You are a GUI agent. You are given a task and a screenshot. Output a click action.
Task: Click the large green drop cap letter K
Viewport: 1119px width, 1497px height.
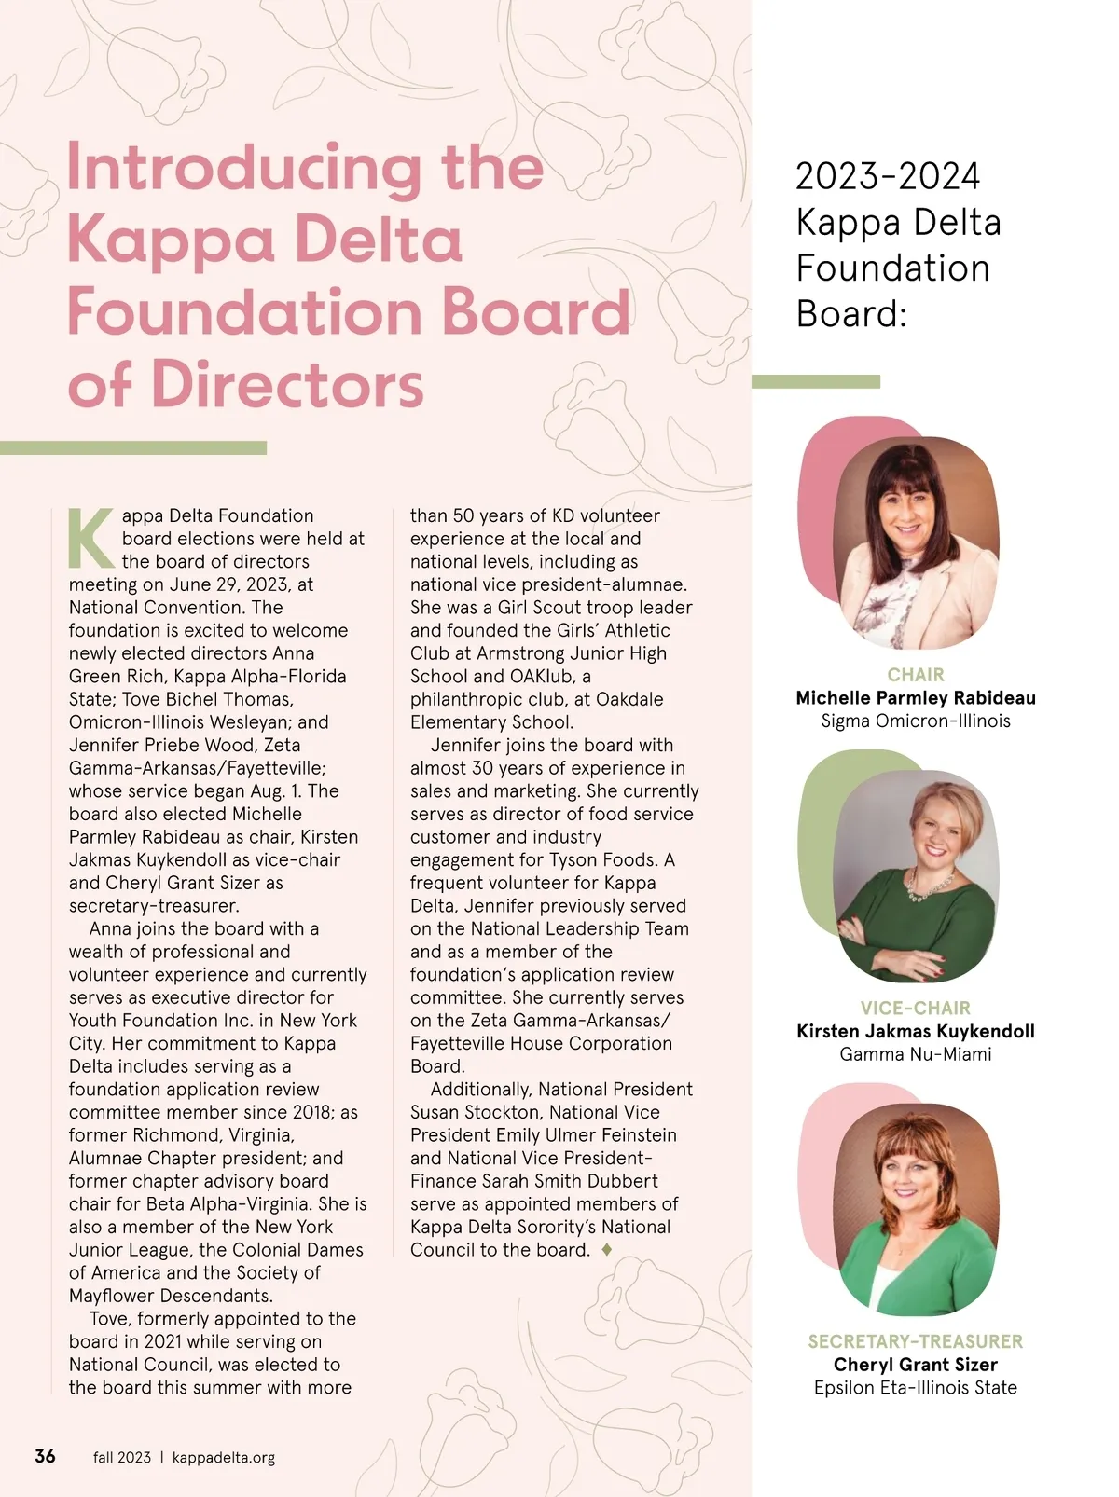point(90,539)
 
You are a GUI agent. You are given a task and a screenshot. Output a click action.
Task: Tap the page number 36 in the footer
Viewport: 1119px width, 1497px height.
point(45,1456)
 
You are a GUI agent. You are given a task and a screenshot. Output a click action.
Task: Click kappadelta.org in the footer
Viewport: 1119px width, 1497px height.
point(224,1457)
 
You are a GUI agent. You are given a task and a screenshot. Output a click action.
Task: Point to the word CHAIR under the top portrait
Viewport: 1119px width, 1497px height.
point(916,674)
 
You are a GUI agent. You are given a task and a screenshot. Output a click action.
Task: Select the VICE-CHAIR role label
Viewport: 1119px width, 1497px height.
point(916,1008)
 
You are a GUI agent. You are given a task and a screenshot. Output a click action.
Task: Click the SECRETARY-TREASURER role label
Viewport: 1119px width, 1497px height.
point(916,1341)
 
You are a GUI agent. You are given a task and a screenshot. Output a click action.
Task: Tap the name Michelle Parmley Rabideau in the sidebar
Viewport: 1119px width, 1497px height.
point(916,697)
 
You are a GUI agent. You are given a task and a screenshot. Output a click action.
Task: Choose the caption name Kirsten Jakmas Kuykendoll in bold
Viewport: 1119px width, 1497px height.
point(916,1031)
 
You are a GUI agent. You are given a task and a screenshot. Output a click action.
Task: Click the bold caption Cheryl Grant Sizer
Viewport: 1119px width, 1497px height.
point(916,1365)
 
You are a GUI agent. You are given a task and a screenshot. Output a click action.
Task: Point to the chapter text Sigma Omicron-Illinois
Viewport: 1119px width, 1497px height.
point(916,721)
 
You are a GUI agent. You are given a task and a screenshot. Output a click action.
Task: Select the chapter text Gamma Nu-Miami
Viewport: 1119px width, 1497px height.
point(916,1054)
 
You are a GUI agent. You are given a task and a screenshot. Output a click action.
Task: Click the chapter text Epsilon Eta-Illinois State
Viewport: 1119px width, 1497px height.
point(916,1387)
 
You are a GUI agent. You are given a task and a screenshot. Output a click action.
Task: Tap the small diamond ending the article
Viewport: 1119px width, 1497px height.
point(607,1249)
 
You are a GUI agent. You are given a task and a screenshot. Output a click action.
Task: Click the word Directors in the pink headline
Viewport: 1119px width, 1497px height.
point(287,384)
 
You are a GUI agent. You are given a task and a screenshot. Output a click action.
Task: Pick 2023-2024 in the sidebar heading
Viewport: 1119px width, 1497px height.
point(888,177)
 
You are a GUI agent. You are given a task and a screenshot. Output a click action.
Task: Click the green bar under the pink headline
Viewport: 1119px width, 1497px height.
point(133,448)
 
